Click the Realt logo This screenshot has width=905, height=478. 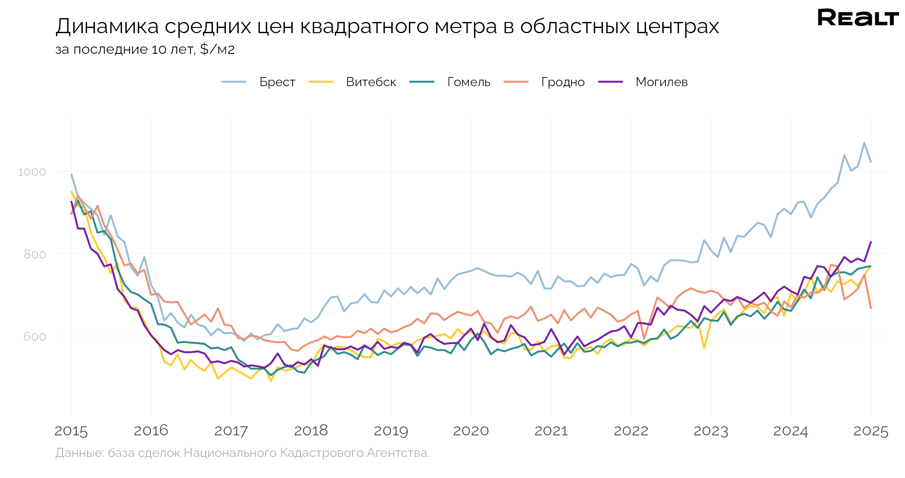pos(858,18)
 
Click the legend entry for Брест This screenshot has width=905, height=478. pos(277,82)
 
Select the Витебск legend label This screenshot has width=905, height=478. pos(371,82)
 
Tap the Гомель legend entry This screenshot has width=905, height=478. pos(468,82)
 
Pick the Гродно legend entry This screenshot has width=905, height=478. pos(562,82)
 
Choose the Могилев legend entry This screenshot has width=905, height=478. pos(661,82)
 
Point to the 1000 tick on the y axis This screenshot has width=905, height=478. pos(32,172)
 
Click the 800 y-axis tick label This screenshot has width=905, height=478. pos(34,254)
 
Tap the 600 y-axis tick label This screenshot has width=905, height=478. pos(34,336)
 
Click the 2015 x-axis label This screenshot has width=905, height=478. pos(71,431)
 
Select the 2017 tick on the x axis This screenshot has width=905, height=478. pos(231,431)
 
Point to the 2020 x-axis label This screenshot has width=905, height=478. pos(471,431)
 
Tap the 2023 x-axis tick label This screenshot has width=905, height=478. pos(711,431)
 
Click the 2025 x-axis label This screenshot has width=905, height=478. pos(871,431)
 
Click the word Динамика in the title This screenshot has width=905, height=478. pos(107,27)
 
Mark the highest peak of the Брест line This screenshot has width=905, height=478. pos(864,143)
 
